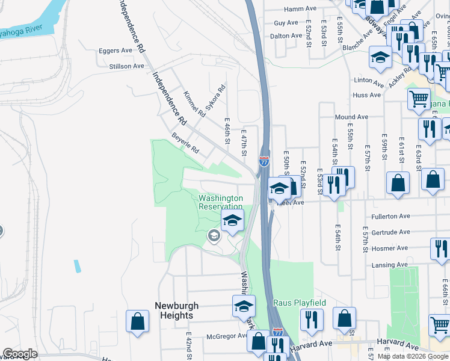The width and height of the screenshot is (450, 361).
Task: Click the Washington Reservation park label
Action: [221, 202]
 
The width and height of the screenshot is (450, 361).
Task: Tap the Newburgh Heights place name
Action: [174, 310]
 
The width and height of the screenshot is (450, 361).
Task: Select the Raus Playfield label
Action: [300, 303]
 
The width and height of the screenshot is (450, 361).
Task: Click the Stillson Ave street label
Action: [126, 66]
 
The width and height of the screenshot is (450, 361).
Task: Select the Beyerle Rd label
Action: [184, 143]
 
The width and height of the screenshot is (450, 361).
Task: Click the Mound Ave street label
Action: [351, 117]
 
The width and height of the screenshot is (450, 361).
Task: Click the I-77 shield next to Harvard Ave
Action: [277, 332]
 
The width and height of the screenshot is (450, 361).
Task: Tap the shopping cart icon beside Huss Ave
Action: [419, 98]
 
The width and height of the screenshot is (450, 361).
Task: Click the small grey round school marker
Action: [213, 236]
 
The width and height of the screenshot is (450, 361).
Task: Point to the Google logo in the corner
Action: [20, 354]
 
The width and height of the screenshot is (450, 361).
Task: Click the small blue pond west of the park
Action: [77, 266]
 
